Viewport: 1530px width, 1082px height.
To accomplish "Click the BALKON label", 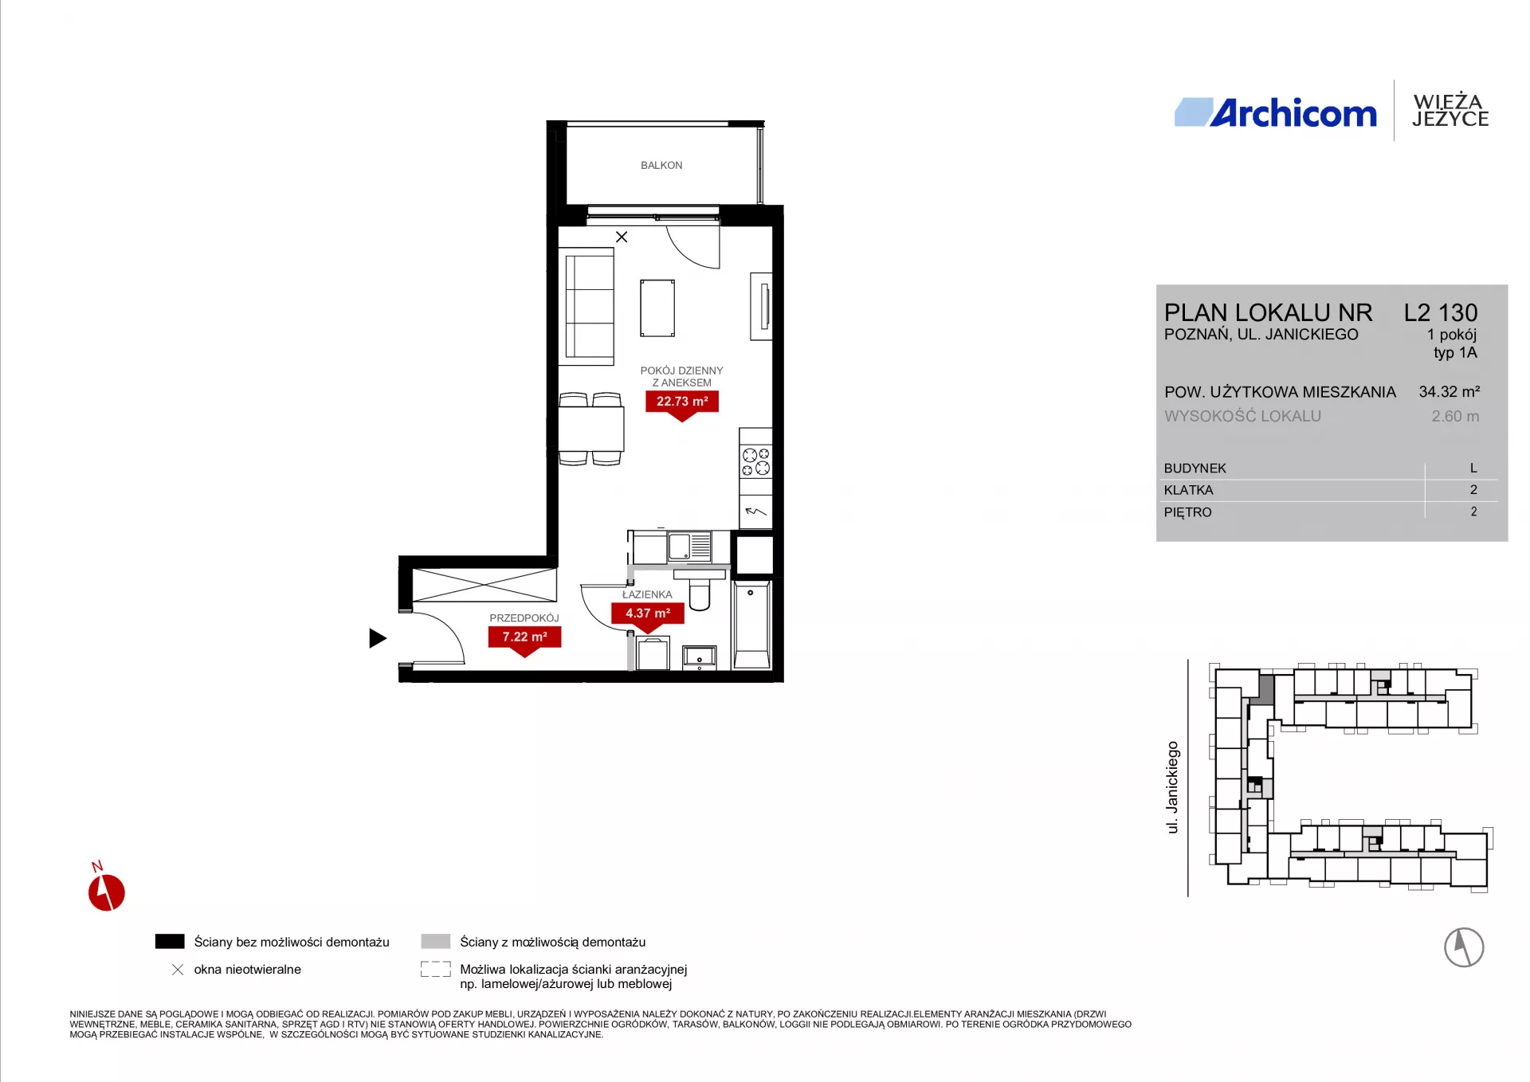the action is pos(661,166).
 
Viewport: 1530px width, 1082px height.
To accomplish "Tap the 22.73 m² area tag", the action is pos(682,402).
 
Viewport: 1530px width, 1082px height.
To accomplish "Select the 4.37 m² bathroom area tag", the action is pos(648,614).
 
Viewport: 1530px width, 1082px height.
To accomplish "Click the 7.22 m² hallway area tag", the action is pos(524,638).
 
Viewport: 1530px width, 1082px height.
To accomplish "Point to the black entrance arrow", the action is pos(378,638).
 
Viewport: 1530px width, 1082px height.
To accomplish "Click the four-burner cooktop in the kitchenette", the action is pos(755,461).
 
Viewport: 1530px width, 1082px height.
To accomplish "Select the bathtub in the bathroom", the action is pos(752,625).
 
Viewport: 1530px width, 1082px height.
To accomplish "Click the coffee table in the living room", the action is pos(657,308).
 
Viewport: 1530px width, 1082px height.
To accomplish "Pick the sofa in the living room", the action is pos(589,307).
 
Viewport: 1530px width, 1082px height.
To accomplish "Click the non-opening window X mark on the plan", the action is pos(622,237).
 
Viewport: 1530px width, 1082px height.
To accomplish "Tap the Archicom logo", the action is pos(1275,113).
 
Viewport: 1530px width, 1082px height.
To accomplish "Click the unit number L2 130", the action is pos(1441,312).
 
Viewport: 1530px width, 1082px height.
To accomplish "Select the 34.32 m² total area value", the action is pos(1450,392).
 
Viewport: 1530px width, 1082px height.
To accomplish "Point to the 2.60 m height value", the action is pos(1455,417).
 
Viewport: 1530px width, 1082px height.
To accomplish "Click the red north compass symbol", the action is pos(106,892).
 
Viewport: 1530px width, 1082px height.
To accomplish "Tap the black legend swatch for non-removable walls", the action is pos(170,942).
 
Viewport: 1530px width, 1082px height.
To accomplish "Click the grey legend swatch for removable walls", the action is pos(436,942).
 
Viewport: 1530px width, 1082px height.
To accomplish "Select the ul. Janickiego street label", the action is pos(1172,787).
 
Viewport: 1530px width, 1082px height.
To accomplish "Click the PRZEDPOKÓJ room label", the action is pos(524,618).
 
